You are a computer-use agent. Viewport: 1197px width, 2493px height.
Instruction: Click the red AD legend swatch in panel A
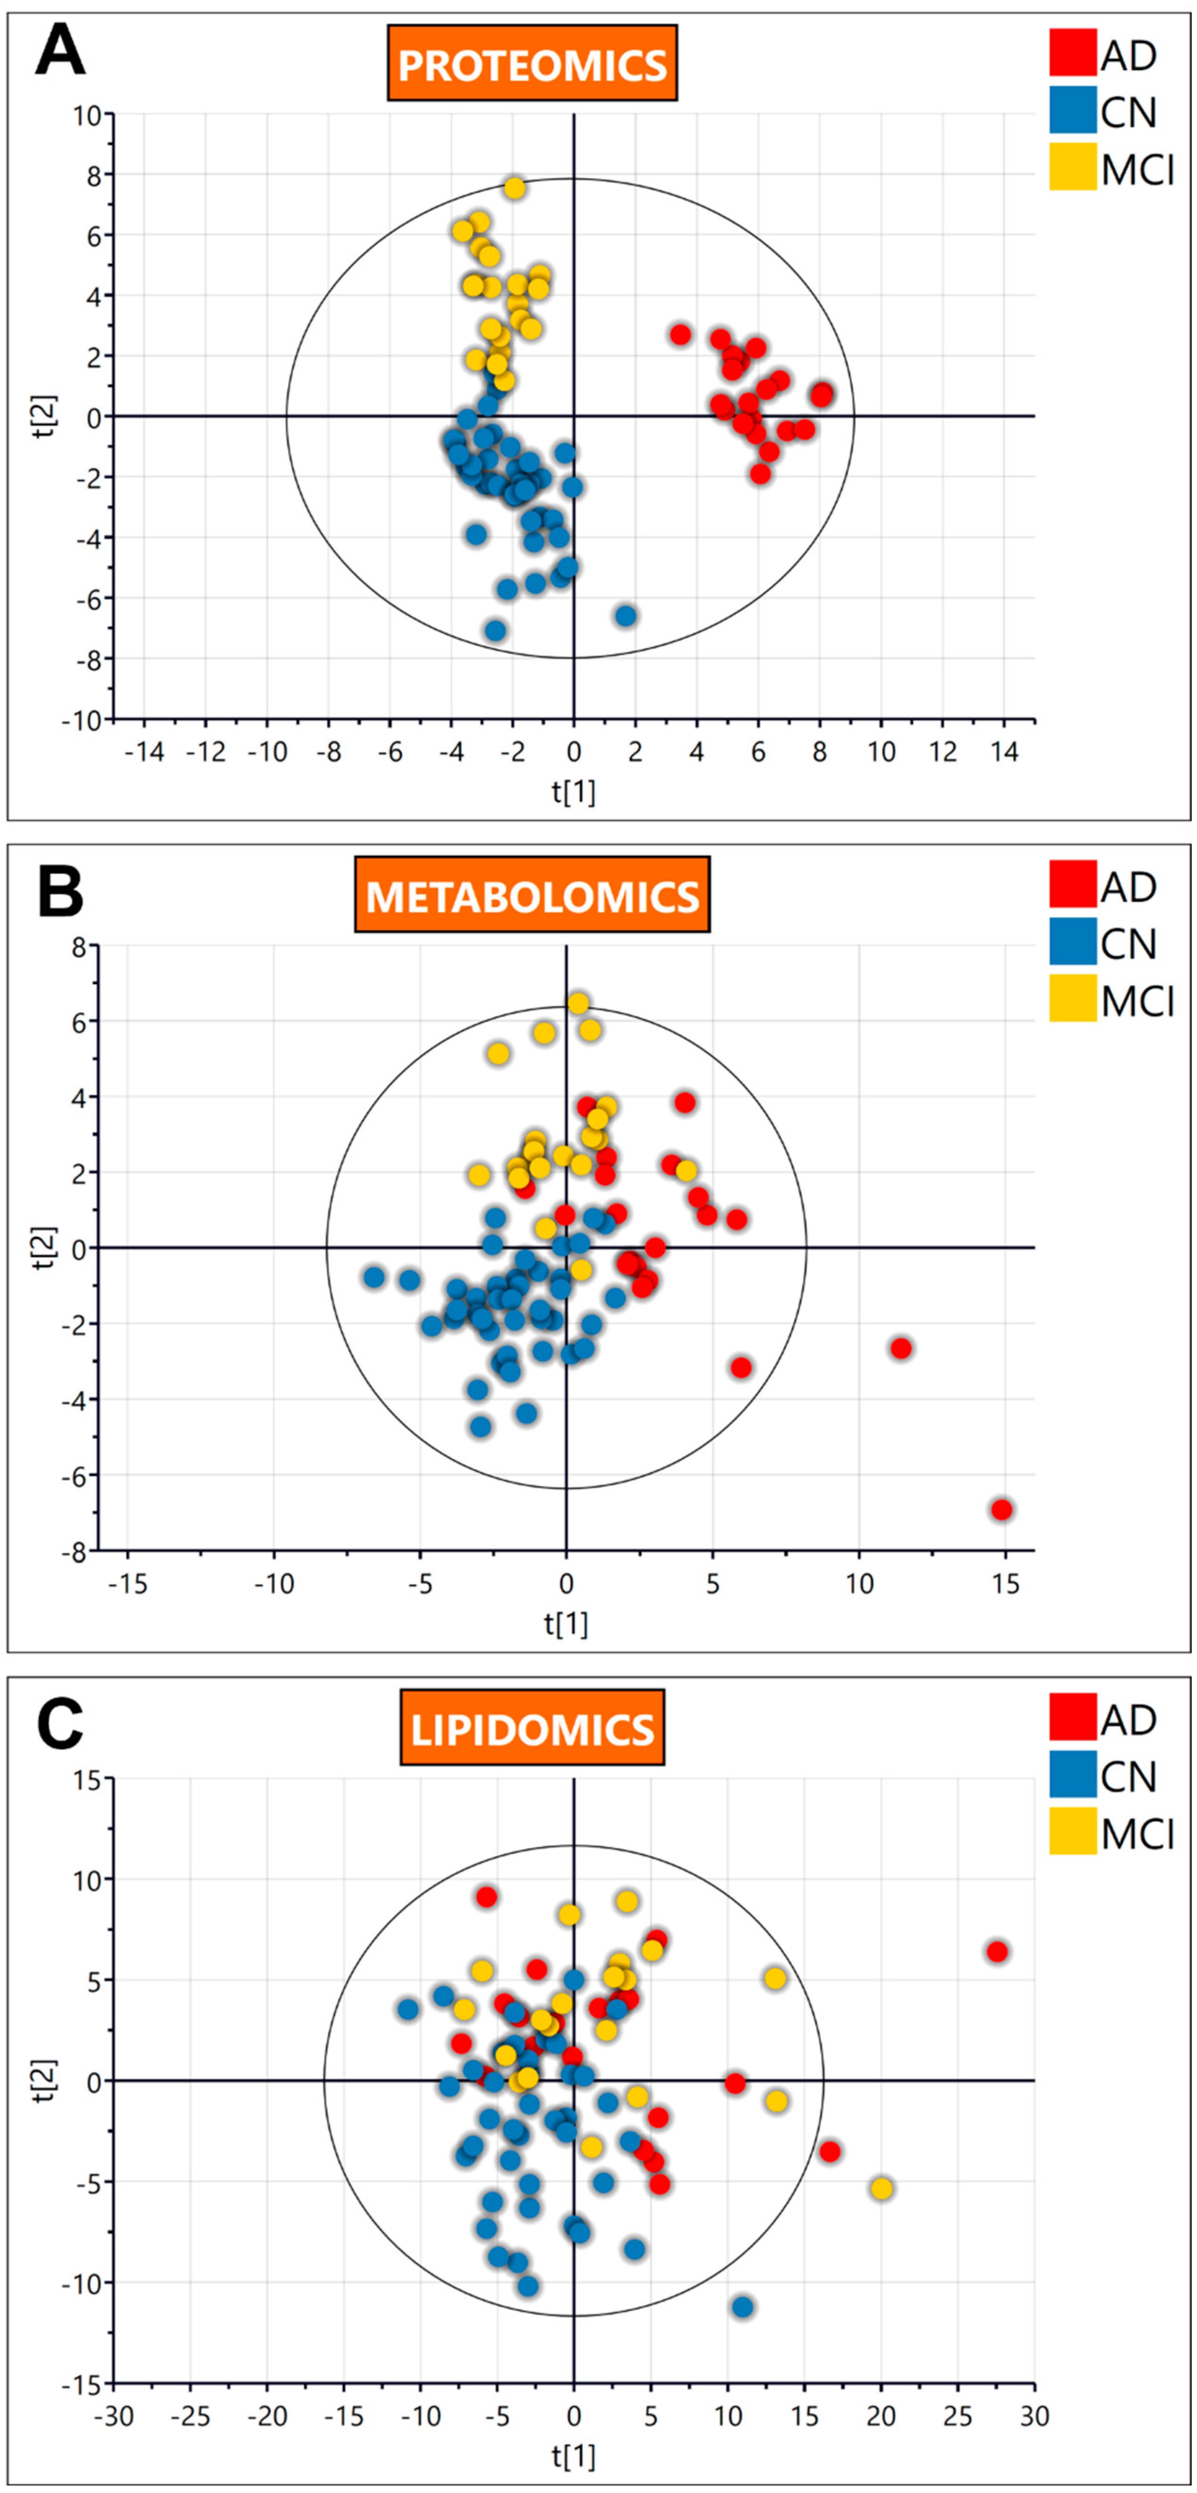[1072, 53]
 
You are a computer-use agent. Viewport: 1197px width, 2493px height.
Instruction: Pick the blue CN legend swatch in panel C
[1072, 1775]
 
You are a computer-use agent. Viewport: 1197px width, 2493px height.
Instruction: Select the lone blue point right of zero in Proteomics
[626, 615]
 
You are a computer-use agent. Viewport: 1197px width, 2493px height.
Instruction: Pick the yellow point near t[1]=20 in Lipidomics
[881, 2188]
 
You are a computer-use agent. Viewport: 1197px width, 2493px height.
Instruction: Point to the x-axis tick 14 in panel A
[1004, 752]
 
